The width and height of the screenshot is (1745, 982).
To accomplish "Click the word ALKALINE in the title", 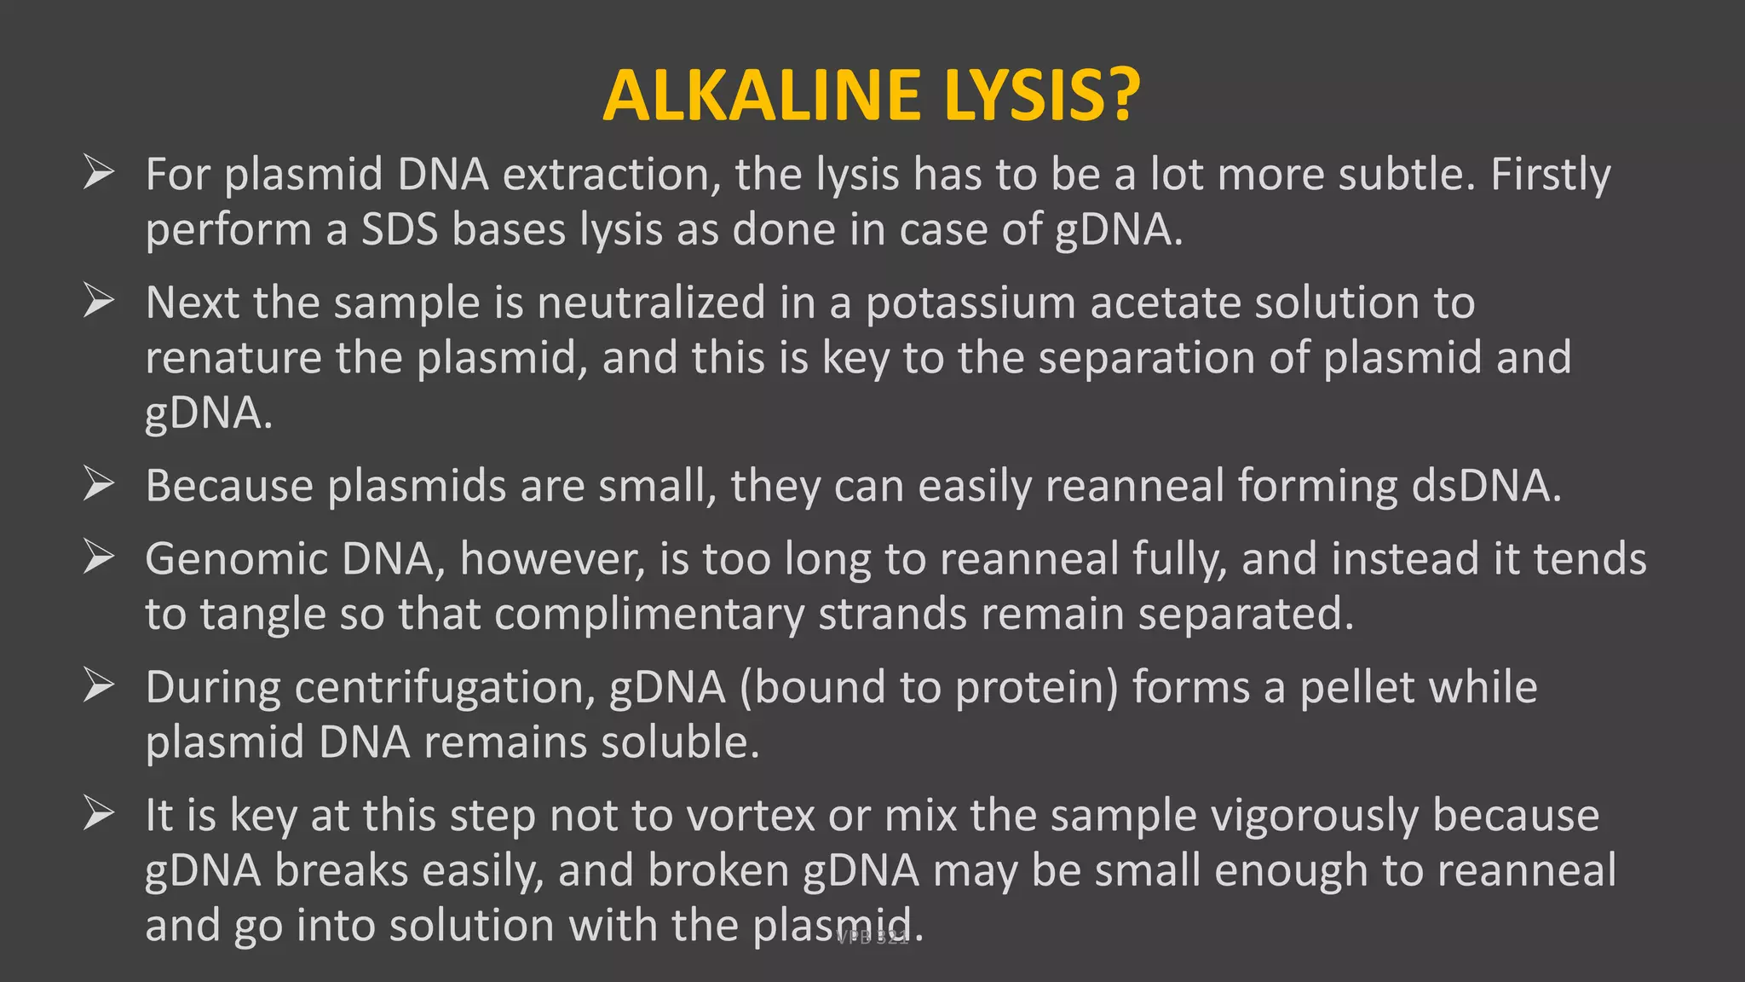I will [x=762, y=95].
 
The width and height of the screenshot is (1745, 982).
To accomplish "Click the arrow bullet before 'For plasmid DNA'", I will [x=99, y=173].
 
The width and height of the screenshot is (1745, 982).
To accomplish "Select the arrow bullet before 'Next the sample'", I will [x=99, y=302].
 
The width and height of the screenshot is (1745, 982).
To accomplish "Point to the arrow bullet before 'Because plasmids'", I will [x=99, y=485].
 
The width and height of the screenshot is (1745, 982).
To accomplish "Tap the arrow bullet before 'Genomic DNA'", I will [x=99, y=558].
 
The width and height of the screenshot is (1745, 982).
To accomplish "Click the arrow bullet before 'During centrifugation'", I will [x=99, y=686].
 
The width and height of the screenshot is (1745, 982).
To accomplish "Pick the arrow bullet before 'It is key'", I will [x=99, y=814].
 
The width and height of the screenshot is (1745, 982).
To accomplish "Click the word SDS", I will [x=400, y=229].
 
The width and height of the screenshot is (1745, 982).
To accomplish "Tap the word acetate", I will [x=1164, y=303].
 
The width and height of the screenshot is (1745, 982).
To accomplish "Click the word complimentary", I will [x=649, y=615].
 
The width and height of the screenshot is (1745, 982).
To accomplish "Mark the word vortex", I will [x=751, y=816].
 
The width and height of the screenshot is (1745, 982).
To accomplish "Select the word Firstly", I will [x=1550, y=176].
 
